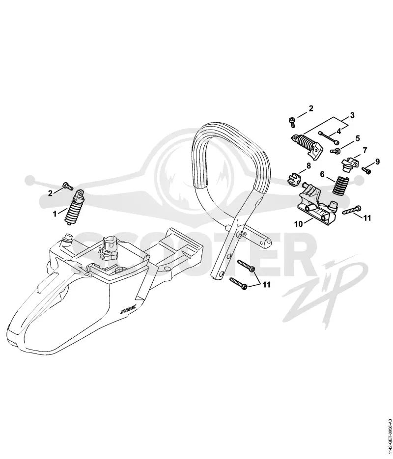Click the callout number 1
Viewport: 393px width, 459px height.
[x=55, y=214]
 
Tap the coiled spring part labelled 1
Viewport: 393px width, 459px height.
[x=74, y=208]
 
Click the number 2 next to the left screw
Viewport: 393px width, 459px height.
[x=51, y=193]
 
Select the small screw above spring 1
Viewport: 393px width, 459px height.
[x=68, y=186]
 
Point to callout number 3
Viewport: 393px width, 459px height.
[x=352, y=115]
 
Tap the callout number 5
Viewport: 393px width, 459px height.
[x=358, y=138]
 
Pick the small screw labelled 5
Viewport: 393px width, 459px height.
[x=335, y=151]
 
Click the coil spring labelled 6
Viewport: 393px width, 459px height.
[x=340, y=185]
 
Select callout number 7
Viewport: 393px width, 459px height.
[x=365, y=150]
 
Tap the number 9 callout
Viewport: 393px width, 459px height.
[x=377, y=162]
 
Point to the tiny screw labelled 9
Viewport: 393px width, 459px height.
[x=366, y=170]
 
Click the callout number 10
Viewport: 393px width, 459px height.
[x=298, y=224]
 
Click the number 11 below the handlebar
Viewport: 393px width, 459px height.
[x=266, y=285]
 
